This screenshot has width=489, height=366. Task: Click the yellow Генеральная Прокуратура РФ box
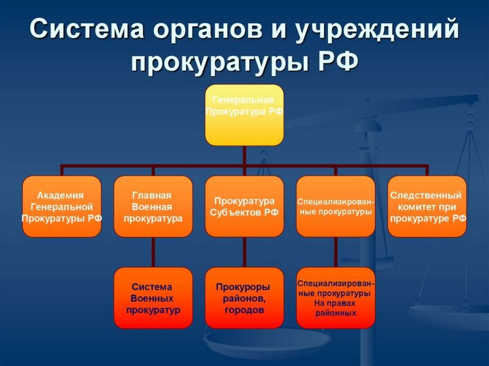click(x=244, y=115)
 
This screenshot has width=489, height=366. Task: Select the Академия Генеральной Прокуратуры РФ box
click(x=62, y=206)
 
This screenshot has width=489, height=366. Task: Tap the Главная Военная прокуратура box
click(x=153, y=206)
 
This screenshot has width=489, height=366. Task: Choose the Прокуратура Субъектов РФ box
click(x=244, y=206)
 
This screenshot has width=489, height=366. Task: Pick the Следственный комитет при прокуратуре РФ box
click(x=427, y=206)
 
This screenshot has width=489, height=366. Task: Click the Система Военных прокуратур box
click(x=153, y=298)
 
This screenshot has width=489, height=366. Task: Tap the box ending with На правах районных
click(x=336, y=298)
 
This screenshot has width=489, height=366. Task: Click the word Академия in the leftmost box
click(x=61, y=195)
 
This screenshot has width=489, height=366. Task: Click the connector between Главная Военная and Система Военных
click(x=153, y=252)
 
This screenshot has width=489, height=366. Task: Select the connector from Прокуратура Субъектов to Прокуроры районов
click(x=244, y=252)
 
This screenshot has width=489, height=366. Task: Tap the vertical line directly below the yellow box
click(x=244, y=155)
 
